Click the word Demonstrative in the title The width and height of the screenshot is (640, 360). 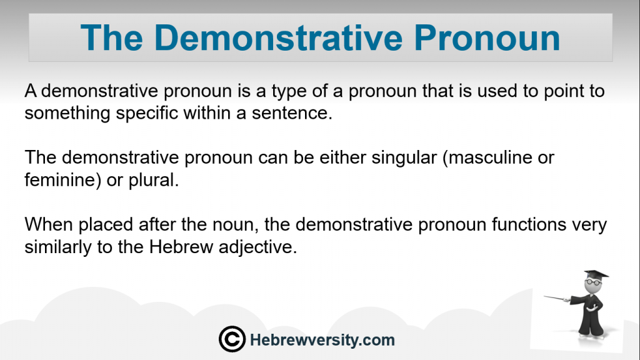tap(278, 38)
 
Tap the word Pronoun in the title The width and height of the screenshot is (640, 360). tap(487, 38)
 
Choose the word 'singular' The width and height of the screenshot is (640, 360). tap(404, 158)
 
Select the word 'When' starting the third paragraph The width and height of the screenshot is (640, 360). tap(49, 224)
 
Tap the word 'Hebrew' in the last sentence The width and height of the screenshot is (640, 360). tap(181, 246)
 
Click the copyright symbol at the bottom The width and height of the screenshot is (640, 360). tap(232, 339)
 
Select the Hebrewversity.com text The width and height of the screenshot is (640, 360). tap(322, 340)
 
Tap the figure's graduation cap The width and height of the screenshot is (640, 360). tap(596, 274)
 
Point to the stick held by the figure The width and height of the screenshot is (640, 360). tap(557, 298)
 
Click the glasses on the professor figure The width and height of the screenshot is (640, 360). tap(593, 282)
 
